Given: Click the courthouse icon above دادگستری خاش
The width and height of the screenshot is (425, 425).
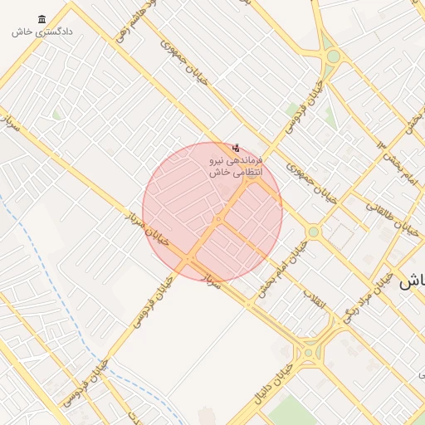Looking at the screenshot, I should coord(42,19).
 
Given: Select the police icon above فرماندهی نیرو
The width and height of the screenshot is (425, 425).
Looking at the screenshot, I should coord(237,147).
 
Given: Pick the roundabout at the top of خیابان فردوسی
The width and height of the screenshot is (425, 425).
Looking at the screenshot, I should coord(334,56).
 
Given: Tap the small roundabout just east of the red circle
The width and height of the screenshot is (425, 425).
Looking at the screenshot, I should coord(313,232).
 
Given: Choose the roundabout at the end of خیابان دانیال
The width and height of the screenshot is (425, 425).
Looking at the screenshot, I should coord(309,352).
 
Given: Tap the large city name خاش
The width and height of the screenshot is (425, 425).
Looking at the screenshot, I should coord(412,281).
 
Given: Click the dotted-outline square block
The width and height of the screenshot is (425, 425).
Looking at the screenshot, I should coord(340,236).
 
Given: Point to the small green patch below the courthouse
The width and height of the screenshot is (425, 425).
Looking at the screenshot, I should coord(56,114).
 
